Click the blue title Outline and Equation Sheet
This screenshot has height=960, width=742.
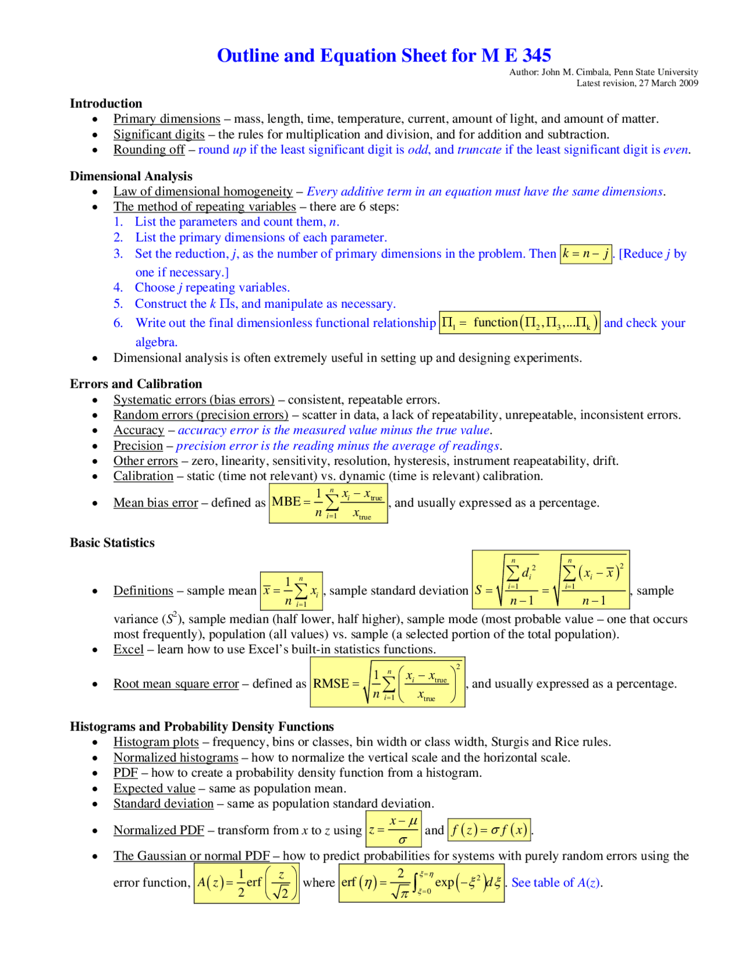[384, 56]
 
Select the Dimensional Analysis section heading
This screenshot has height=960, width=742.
[131, 176]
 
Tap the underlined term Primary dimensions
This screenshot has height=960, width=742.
[166, 119]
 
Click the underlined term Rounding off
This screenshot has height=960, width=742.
[149, 150]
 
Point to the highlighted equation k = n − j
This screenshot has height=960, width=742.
[585, 254]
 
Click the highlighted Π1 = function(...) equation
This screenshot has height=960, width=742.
[519, 323]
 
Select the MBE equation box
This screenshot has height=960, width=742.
[328, 503]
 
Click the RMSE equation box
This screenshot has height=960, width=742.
[387, 683]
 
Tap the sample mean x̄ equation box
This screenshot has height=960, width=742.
[291, 591]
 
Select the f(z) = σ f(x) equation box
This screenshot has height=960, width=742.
[489, 830]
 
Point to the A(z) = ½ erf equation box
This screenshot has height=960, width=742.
[246, 883]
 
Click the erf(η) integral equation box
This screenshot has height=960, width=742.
[421, 883]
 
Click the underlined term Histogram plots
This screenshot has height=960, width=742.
[156, 742]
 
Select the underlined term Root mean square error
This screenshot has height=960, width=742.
[176, 684]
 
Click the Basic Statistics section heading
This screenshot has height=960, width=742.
[112, 543]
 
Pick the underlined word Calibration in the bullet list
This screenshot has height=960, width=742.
[143, 477]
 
